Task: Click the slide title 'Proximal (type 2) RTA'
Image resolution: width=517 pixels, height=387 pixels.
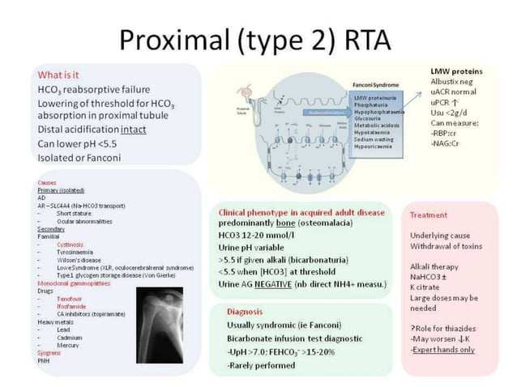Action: (x=258, y=37)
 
